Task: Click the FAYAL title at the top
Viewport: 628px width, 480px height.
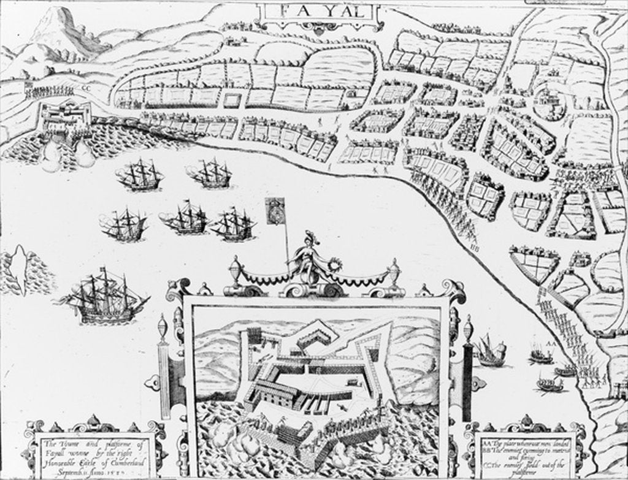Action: pos(317,12)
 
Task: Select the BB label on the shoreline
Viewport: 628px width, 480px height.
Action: pos(473,247)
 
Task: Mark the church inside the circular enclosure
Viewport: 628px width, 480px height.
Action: pos(548,101)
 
